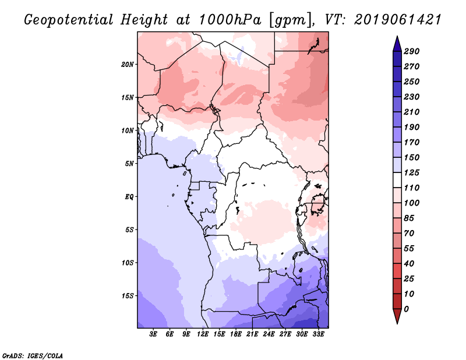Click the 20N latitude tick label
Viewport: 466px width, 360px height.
coord(128,65)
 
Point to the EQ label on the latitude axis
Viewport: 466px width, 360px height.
coord(129,197)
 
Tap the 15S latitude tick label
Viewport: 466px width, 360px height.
coord(128,296)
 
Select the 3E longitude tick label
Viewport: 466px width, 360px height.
coord(153,334)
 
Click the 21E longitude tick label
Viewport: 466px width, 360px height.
coord(252,334)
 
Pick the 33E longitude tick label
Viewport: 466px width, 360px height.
coord(318,334)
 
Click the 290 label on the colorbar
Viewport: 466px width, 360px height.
coord(411,51)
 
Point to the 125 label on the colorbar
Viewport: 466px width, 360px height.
coord(411,172)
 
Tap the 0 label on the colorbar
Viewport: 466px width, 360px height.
coord(406,309)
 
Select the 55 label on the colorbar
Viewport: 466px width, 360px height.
coord(409,249)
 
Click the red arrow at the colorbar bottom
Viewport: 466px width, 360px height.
coord(397,316)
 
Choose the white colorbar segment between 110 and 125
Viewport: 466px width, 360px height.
coord(397,180)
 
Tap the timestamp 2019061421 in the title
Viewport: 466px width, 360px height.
coord(398,20)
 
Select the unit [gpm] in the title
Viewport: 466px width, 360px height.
coord(292,20)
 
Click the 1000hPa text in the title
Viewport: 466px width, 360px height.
coord(230,20)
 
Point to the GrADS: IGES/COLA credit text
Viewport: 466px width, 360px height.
coord(33,356)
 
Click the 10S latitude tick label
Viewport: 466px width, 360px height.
coord(128,263)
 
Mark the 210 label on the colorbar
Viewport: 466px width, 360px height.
coord(411,112)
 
